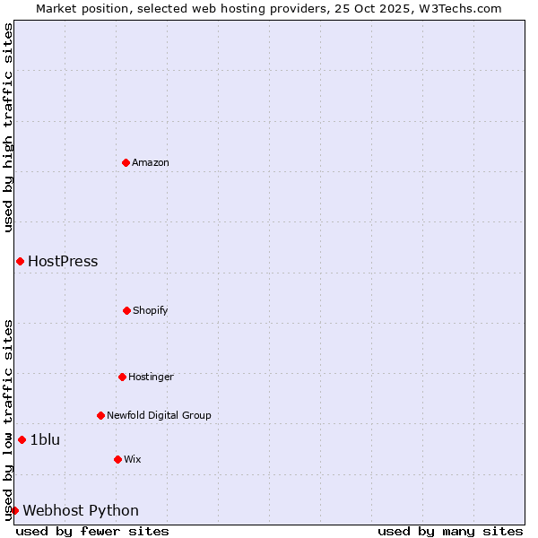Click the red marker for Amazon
pyautogui.click(x=126, y=162)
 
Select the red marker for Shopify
pyautogui.click(x=126, y=310)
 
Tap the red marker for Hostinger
pyautogui.click(x=122, y=377)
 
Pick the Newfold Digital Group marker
pyautogui.click(x=100, y=415)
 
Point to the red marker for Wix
pyautogui.click(x=117, y=459)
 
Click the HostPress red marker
pyautogui.click(x=20, y=261)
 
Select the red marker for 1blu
pyautogui.click(x=22, y=439)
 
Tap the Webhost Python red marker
pyautogui.click(x=14, y=510)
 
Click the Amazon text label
pyautogui.click(x=151, y=162)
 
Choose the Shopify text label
pyautogui.click(x=151, y=310)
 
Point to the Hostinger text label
pyautogui.click(x=151, y=377)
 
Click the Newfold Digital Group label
pyautogui.click(x=159, y=415)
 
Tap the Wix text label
pyautogui.click(x=133, y=459)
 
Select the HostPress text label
pyautogui.click(x=63, y=262)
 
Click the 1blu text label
pyautogui.click(x=45, y=439)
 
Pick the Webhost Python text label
pyautogui.click(x=81, y=511)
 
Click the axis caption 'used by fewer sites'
pyautogui.click(x=92, y=531)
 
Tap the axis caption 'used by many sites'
pyautogui.click(x=450, y=531)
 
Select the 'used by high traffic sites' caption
pyautogui.click(x=8, y=127)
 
